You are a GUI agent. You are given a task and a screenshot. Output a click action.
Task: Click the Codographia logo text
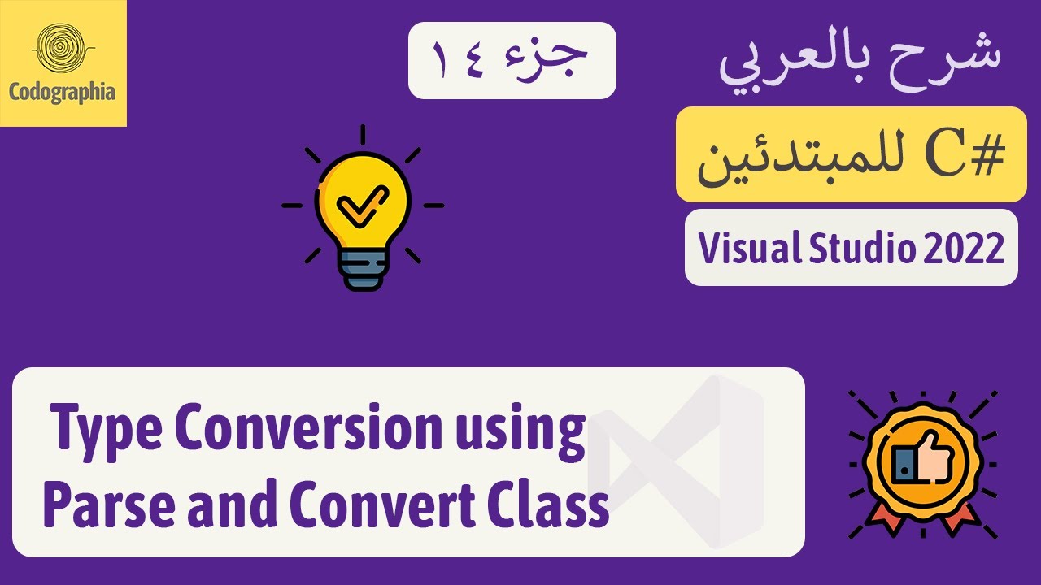63,91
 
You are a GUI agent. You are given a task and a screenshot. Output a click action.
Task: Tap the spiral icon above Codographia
63,49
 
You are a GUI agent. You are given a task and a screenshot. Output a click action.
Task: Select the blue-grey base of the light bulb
362,269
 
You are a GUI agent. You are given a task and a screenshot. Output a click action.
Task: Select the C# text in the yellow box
972,157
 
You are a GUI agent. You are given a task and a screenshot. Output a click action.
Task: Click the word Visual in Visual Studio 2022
743,249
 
